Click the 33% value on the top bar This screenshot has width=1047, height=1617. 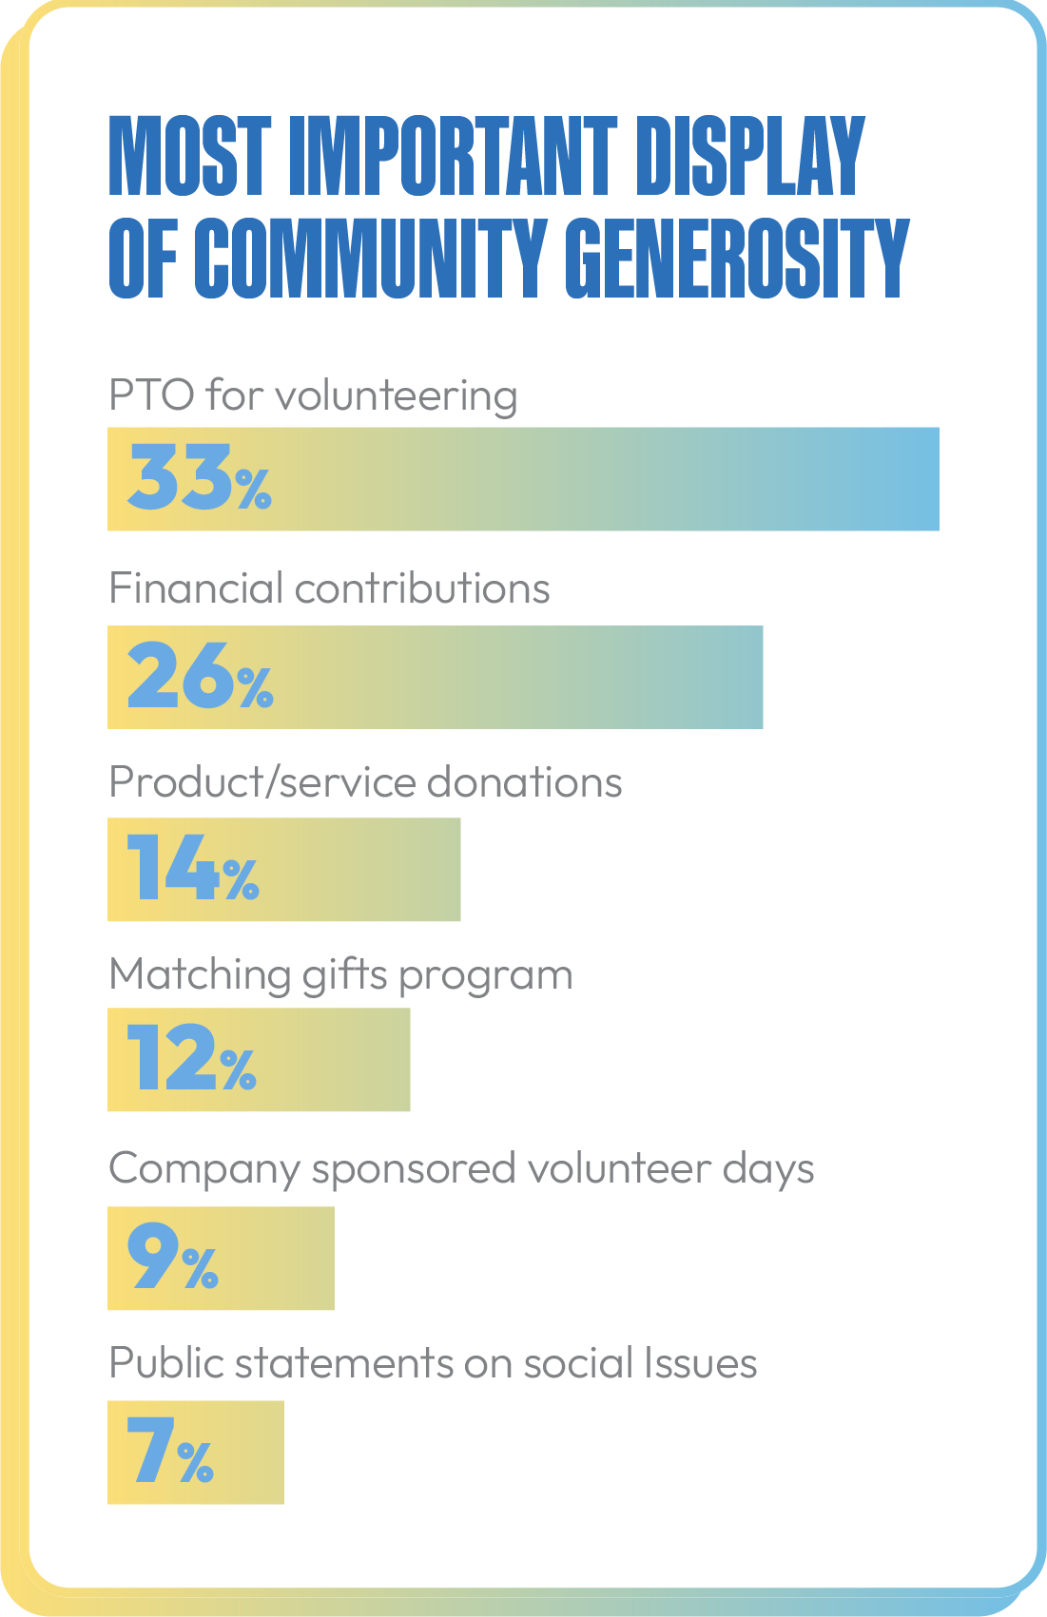tap(199, 477)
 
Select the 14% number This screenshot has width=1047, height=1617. tap(192, 868)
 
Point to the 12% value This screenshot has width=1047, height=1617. tap(191, 1058)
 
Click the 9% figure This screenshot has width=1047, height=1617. tap(173, 1257)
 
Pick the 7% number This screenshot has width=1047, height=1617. tap(170, 1451)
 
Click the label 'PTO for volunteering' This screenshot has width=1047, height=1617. tap(313, 395)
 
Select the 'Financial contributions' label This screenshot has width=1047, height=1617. tap(329, 588)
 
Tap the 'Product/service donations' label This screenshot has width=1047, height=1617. tap(365, 782)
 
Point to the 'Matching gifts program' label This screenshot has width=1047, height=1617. tap(340, 975)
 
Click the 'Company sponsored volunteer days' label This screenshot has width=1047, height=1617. tap(461, 1169)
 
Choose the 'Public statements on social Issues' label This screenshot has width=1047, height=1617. tap(433, 1363)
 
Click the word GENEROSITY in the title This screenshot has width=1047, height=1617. tap(737, 258)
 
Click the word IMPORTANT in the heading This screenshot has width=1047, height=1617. tap(453, 156)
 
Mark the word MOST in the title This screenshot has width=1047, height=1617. tap(190, 156)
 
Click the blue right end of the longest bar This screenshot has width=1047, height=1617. tap(913, 479)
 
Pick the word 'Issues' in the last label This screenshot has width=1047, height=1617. tap(701, 1363)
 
